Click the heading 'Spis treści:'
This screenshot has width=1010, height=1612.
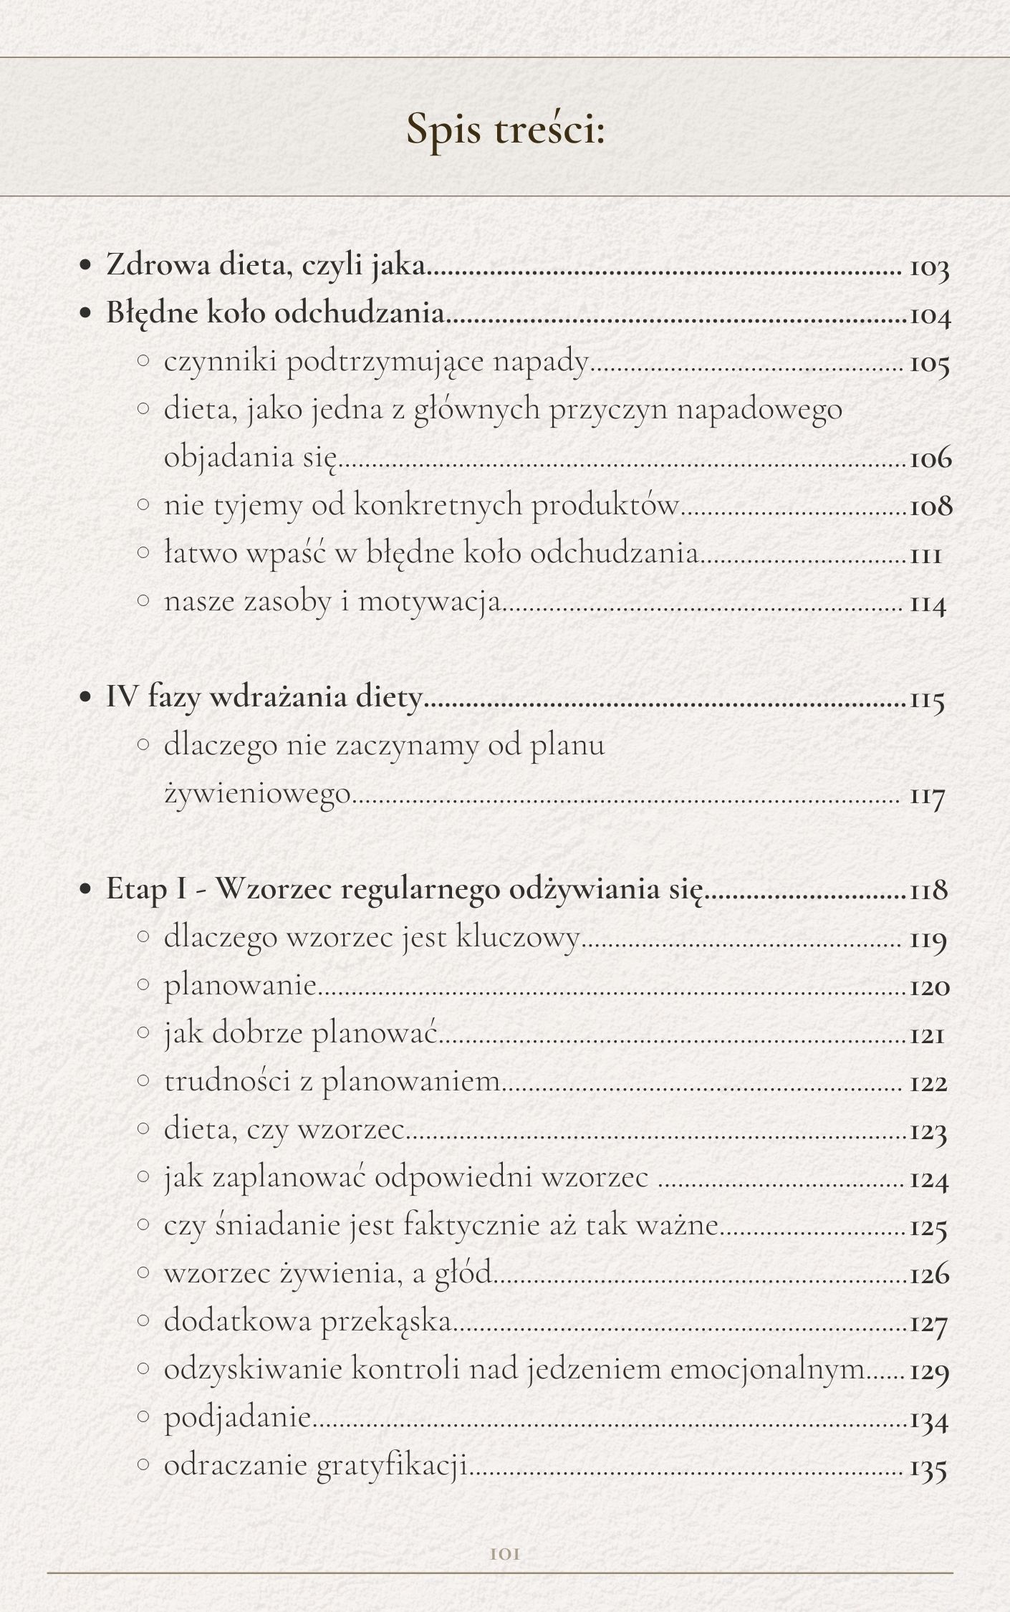point(505,129)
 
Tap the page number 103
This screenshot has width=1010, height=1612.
point(929,269)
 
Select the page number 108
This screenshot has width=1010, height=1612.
point(930,507)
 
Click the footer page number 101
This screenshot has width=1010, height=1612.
point(505,1554)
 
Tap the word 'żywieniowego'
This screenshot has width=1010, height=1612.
point(258,794)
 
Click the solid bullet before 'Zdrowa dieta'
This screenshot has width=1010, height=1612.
point(86,266)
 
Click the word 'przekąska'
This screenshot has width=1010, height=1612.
point(386,1321)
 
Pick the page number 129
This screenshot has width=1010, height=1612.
point(929,1372)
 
